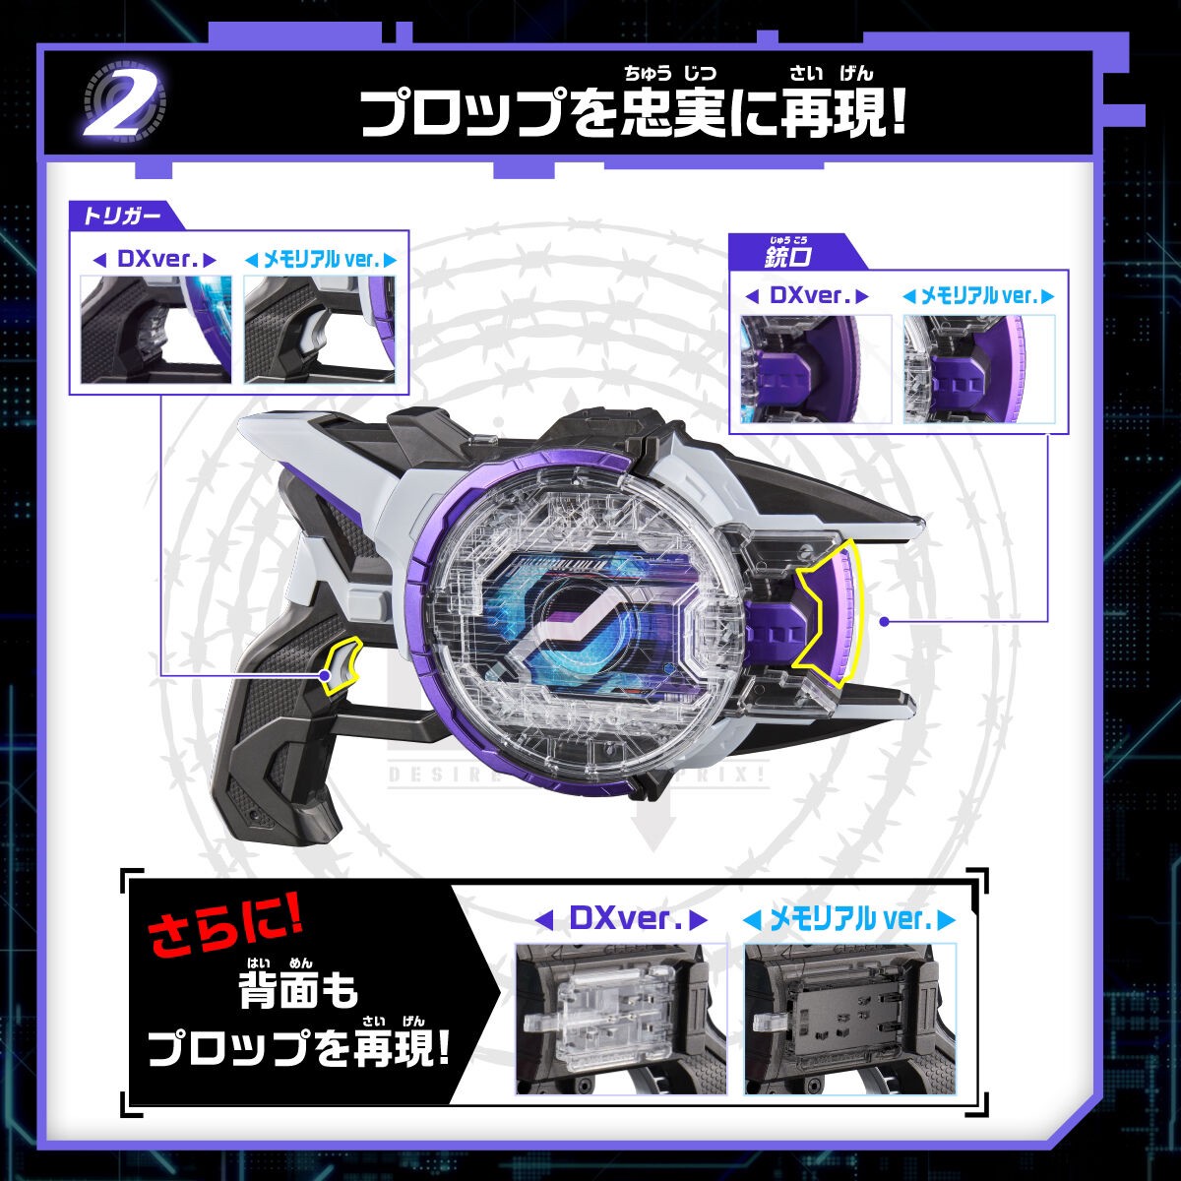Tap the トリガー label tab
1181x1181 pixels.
tap(114, 215)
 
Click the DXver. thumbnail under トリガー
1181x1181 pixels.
tap(156, 330)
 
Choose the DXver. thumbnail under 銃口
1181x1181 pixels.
tap(815, 369)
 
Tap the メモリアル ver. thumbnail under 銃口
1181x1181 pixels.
tap(978, 369)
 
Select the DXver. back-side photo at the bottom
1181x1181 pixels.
tap(621, 1018)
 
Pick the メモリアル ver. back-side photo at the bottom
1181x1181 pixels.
tap(849, 1018)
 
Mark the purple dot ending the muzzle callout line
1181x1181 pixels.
tap(885, 621)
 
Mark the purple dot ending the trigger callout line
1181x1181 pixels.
tap(324, 676)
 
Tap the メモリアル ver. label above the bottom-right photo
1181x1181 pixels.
tap(849, 920)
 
